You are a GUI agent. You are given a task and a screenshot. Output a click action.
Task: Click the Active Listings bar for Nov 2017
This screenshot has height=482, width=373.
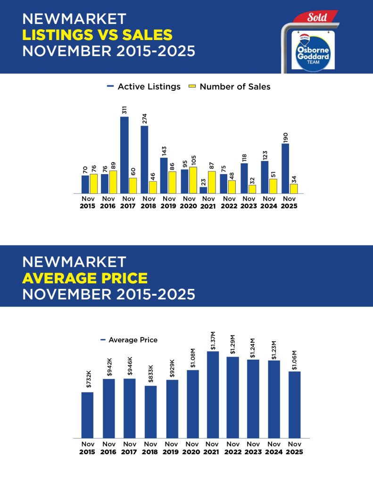[124, 155]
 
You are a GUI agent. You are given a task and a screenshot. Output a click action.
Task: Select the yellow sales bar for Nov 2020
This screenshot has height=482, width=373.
[193, 180]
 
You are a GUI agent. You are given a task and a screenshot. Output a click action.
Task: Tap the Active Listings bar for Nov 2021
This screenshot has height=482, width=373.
[203, 190]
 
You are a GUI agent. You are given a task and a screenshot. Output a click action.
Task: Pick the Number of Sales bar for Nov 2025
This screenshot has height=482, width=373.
[294, 188]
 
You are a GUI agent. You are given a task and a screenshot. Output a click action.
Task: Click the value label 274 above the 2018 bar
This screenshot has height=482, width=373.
[145, 118]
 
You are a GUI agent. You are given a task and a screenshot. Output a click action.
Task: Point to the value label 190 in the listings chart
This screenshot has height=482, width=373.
[285, 137]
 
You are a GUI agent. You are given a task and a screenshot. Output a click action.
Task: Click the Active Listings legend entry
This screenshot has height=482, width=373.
[144, 87]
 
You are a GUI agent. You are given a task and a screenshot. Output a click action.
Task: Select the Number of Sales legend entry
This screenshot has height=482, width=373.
[229, 87]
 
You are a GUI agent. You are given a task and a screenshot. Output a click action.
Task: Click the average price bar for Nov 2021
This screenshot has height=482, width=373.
[213, 394]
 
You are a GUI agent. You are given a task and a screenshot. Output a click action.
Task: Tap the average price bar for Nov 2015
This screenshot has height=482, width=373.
[87, 415]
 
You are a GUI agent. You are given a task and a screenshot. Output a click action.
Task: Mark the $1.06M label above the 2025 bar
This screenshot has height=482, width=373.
[294, 360]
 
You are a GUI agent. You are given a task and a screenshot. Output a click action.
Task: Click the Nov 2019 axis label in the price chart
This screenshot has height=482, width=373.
[171, 448]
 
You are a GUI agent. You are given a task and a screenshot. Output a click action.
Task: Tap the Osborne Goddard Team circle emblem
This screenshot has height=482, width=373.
[310, 51]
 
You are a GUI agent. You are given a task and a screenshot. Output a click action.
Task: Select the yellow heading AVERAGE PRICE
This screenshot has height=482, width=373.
[84, 278]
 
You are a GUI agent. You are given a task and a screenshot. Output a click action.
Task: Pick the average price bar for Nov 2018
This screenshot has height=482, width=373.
[150, 412]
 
